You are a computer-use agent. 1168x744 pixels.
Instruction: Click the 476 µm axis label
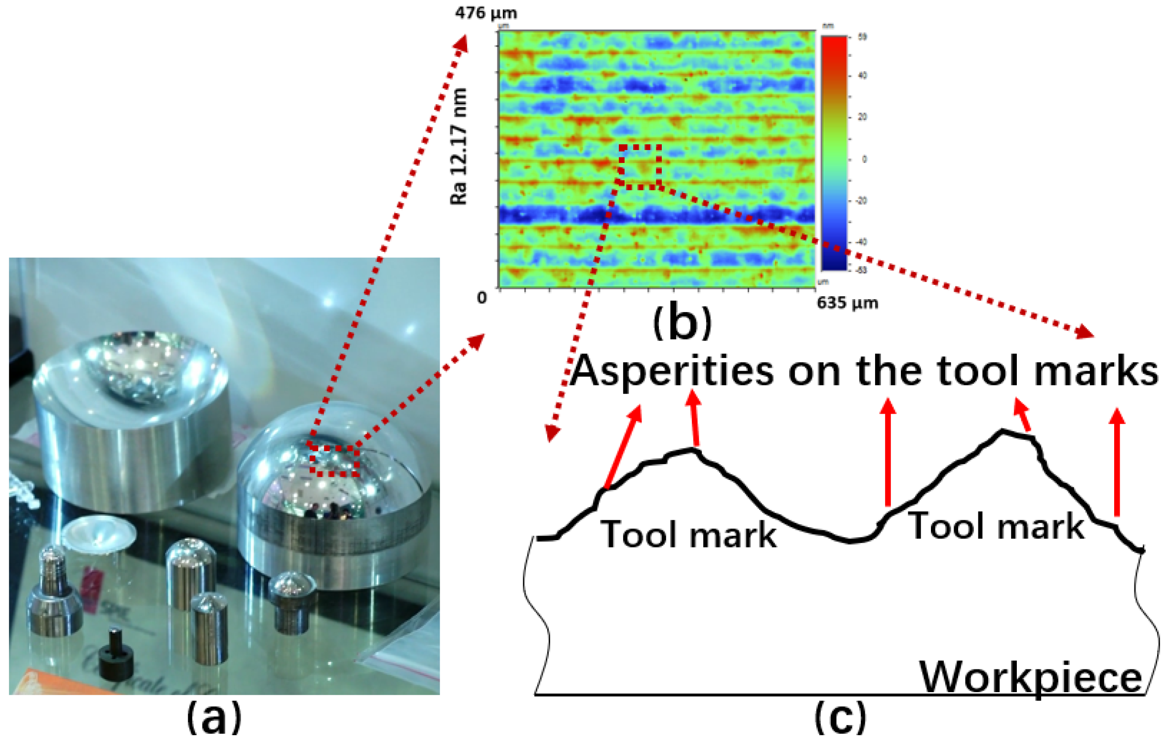[x=485, y=12]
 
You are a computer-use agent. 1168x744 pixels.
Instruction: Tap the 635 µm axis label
[x=847, y=303]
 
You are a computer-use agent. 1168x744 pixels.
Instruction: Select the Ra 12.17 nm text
[x=459, y=147]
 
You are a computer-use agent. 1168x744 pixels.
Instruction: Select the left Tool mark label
[x=688, y=534]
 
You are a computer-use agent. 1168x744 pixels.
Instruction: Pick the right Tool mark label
[x=997, y=526]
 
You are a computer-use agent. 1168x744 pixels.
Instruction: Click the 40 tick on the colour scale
[x=862, y=76]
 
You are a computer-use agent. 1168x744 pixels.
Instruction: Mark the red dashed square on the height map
[x=640, y=166]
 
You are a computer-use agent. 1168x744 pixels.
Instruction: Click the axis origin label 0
[x=482, y=298]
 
